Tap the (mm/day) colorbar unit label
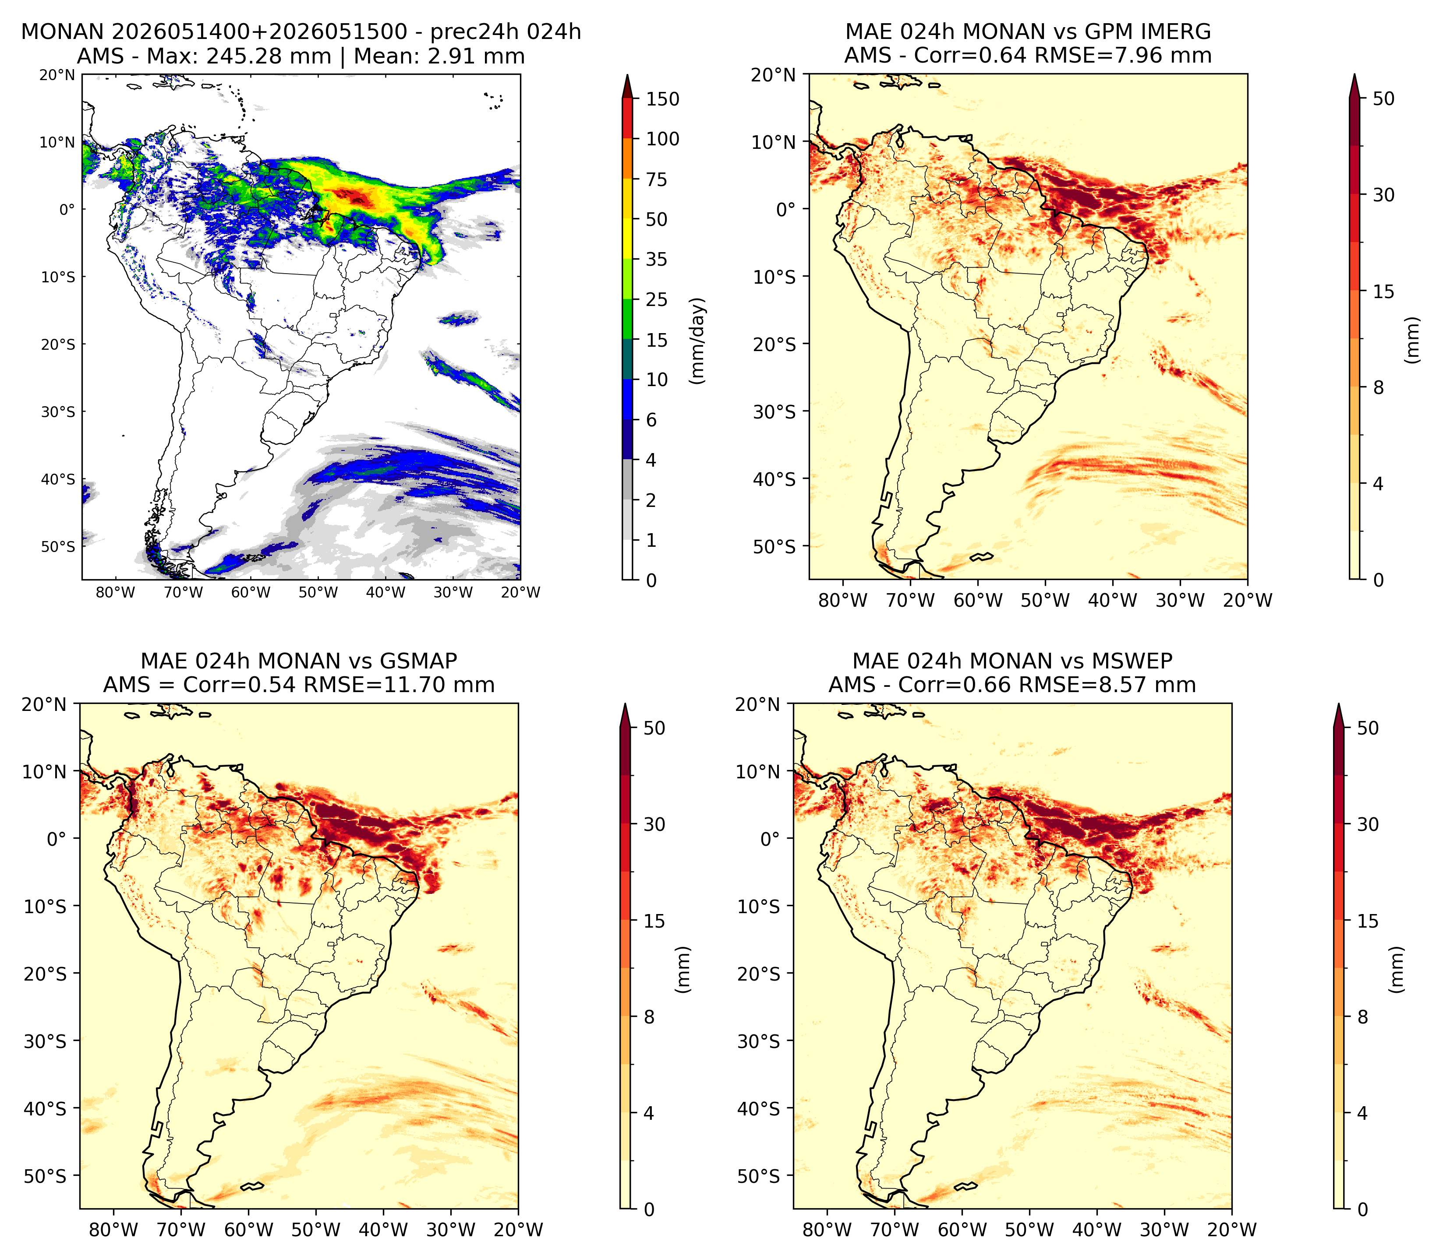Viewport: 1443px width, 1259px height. pyautogui.click(x=697, y=341)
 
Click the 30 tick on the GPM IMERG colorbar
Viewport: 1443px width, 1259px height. pyautogui.click(x=1383, y=195)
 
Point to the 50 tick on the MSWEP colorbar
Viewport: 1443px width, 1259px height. pyautogui.click(x=1368, y=728)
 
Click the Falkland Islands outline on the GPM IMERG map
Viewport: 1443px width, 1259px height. pyautogui.click(x=982, y=557)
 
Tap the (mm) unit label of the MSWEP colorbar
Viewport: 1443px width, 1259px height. pyautogui.click(x=1397, y=970)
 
